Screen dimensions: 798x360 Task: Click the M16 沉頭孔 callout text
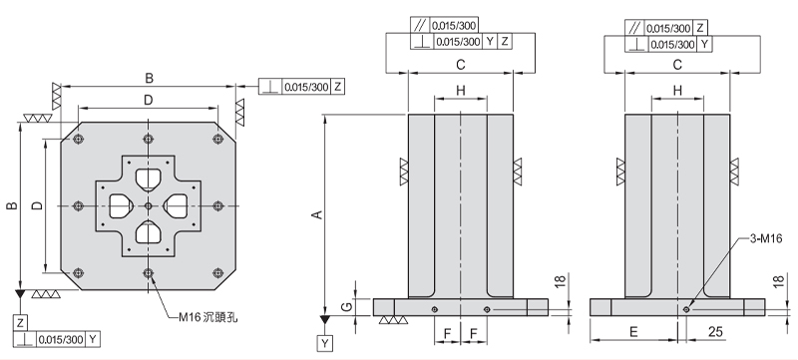[x=208, y=317]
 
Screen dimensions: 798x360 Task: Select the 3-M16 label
[x=766, y=239]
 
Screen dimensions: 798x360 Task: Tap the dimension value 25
[x=714, y=332]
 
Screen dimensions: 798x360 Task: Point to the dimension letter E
[x=633, y=332]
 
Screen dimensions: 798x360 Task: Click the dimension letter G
[x=345, y=306]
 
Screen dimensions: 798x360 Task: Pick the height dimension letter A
[x=317, y=214]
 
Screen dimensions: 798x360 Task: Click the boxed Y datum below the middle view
[x=325, y=344]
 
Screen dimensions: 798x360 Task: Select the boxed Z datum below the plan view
[x=20, y=322]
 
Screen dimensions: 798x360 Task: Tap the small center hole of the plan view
[x=148, y=205]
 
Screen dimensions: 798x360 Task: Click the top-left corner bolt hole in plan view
[x=78, y=140]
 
